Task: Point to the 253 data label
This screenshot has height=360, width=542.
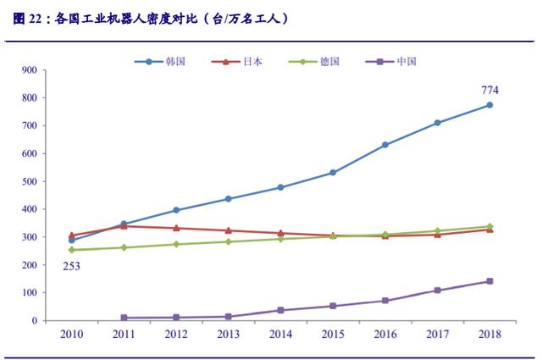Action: tap(72, 267)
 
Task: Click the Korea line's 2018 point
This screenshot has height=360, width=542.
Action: tap(489, 105)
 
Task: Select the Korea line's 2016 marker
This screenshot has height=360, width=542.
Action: tap(385, 145)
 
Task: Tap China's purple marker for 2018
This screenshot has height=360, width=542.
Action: tap(489, 281)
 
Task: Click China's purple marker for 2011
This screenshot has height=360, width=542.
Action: tap(124, 318)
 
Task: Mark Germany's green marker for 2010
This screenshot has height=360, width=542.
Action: tap(72, 250)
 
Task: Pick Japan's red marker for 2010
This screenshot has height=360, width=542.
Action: tap(72, 235)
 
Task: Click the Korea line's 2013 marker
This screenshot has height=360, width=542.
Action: tap(229, 199)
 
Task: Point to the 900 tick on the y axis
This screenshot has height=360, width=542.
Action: tap(51, 70)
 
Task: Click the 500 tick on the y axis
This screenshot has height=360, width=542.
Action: tap(51, 181)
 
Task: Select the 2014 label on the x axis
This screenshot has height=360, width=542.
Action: tap(280, 334)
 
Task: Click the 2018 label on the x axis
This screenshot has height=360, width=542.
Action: tap(489, 334)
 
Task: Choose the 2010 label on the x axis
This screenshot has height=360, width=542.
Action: tap(72, 334)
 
